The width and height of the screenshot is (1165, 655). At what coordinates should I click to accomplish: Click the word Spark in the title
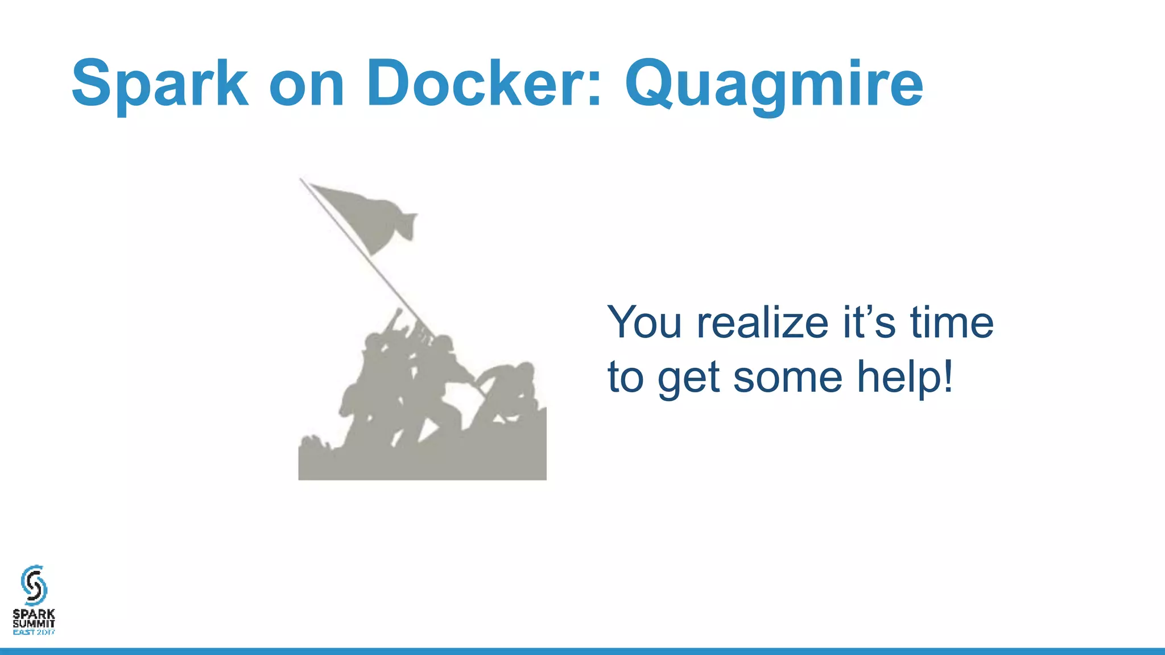pyautogui.click(x=160, y=84)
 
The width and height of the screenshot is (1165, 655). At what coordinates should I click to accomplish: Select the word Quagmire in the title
pyautogui.click(x=774, y=85)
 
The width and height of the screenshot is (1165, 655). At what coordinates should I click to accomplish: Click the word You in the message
pyautogui.click(x=645, y=322)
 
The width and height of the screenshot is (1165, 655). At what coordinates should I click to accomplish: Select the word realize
pyautogui.click(x=763, y=322)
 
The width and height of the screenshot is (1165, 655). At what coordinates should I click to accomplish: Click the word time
pyautogui.click(x=952, y=322)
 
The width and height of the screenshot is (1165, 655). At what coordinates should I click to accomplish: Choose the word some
pyautogui.click(x=788, y=378)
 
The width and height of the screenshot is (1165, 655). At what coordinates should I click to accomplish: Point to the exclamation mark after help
pyautogui.click(x=947, y=376)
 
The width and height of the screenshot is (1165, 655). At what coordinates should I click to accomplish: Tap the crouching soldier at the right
pyautogui.click(x=509, y=392)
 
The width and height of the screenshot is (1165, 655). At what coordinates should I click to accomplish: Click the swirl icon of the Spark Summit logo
pyautogui.click(x=34, y=585)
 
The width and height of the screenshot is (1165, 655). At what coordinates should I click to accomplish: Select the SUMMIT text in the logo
pyautogui.click(x=34, y=623)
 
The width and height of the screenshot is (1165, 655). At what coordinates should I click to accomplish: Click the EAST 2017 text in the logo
pyautogui.click(x=34, y=632)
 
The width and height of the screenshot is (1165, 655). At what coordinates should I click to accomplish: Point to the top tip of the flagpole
pyautogui.click(x=301, y=180)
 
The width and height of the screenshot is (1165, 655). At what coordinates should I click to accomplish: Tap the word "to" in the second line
pyautogui.click(x=625, y=377)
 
